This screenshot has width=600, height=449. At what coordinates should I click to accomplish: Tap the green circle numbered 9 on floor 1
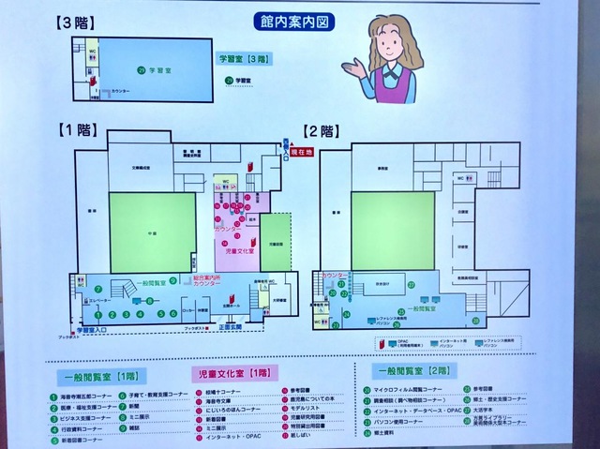(172, 280)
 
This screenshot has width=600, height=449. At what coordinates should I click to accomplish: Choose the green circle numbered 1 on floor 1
(97, 314)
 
